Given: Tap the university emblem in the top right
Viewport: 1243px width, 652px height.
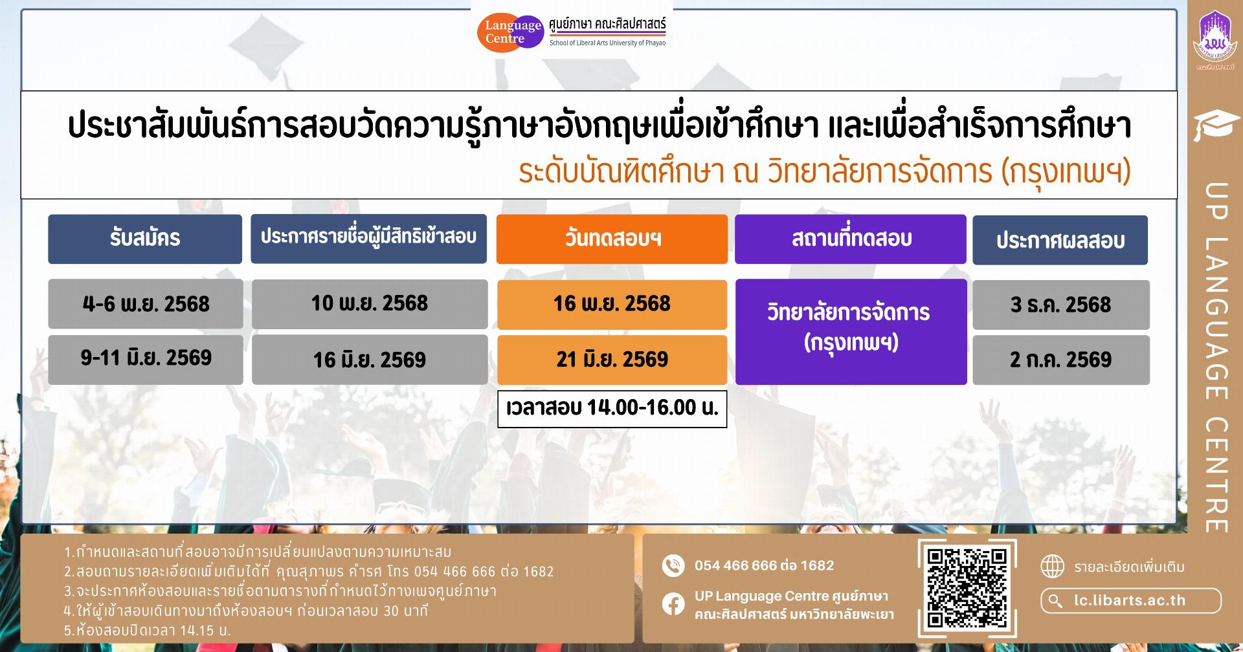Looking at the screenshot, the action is (x=1215, y=38).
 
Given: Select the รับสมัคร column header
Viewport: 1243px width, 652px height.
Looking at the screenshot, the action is (x=145, y=239).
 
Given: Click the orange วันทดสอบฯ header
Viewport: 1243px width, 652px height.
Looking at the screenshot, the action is (x=612, y=239).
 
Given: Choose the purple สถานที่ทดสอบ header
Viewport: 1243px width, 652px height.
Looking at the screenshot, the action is (x=851, y=239).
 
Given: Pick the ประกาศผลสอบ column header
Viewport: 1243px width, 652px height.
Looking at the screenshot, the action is (x=1060, y=240).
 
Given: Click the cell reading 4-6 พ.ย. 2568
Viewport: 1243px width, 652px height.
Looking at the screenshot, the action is (x=146, y=304).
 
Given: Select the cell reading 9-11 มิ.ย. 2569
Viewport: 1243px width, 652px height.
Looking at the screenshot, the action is (x=146, y=359).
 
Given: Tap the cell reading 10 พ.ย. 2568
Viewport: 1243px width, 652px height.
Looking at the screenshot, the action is (x=370, y=304).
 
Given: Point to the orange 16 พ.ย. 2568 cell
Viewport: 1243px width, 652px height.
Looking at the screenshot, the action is (x=612, y=304).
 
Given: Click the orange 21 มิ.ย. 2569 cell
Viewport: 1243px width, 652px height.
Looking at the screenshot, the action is (x=612, y=360).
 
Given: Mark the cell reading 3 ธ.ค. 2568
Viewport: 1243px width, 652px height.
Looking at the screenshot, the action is (x=1061, y=305).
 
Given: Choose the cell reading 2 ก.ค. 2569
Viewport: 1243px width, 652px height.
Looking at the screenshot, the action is (x=1061, y=360).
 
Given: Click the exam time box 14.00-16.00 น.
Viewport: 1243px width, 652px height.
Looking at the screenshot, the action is (x=612, y=408).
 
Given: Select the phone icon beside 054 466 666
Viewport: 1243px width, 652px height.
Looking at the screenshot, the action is (x=673, y=565).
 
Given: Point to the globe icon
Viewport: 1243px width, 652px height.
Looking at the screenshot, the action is (x=1052, y=567).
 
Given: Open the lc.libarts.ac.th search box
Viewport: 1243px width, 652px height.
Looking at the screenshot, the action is (x=1131, y=601).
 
